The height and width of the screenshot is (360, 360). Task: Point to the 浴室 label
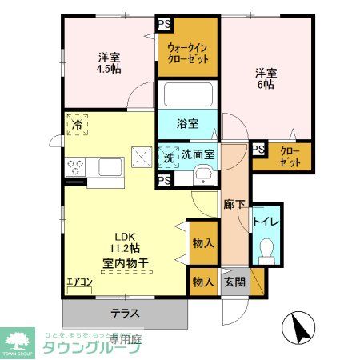(188, 125)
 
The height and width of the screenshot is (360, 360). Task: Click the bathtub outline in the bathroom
(188, 98)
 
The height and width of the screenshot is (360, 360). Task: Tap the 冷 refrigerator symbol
(78, 126)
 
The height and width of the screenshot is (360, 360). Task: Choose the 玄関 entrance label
(234, 281)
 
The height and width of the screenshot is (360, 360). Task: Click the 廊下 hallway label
(234, 203)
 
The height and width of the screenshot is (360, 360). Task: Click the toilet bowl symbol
(266, 250)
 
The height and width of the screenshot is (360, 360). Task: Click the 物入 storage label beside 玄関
(203, 282)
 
